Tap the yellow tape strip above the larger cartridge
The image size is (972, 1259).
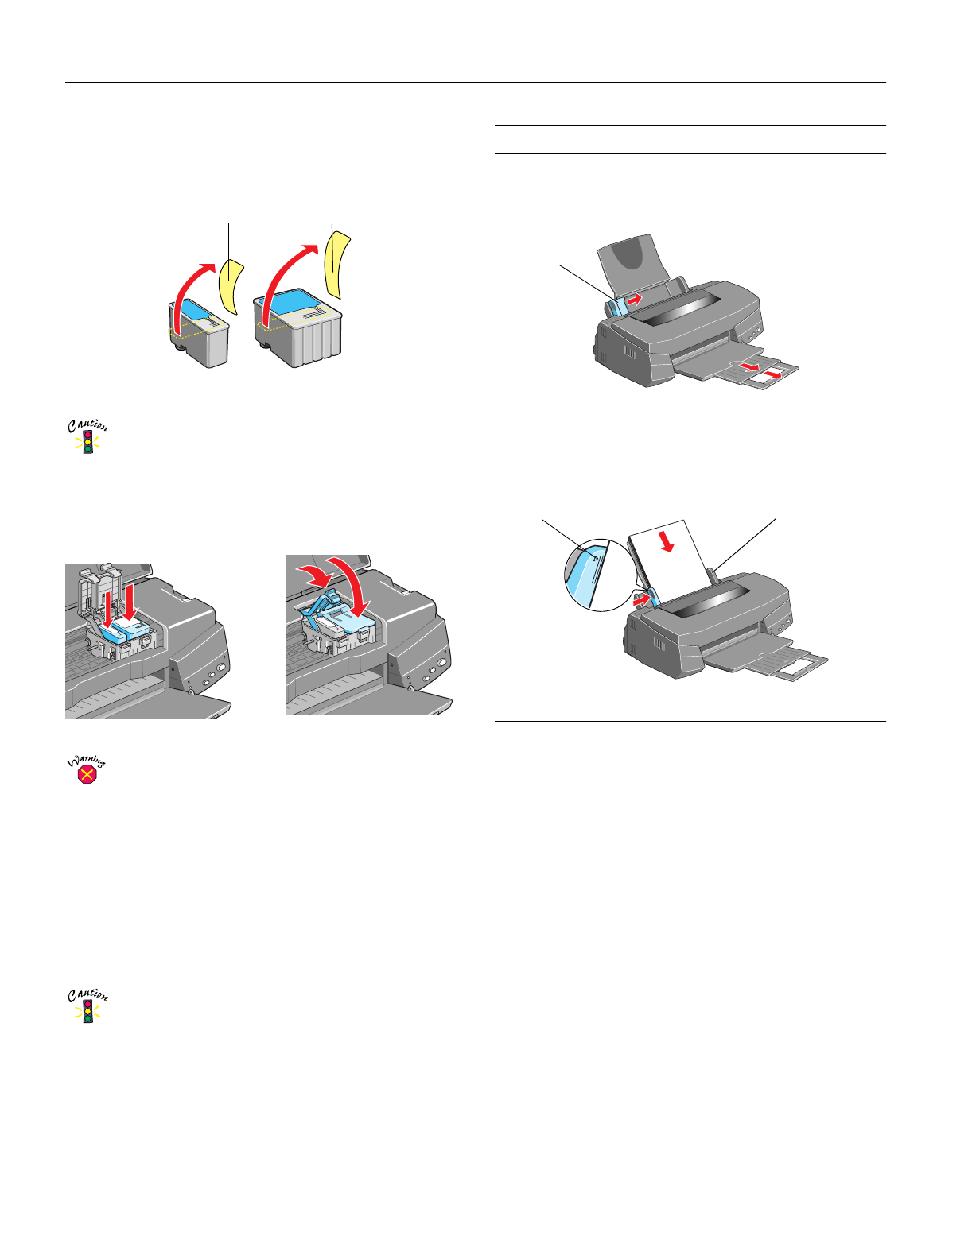337,265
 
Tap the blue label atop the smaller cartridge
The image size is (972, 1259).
196,309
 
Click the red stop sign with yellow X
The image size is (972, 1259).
87,775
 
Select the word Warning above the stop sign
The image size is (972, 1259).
87,760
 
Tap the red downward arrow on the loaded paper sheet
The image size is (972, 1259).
667,541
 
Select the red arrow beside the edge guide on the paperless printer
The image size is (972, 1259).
635,300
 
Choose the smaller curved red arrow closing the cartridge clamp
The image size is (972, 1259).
315,575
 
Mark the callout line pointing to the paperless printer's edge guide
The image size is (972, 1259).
586,284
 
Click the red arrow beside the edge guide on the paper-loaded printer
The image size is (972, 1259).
642,602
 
